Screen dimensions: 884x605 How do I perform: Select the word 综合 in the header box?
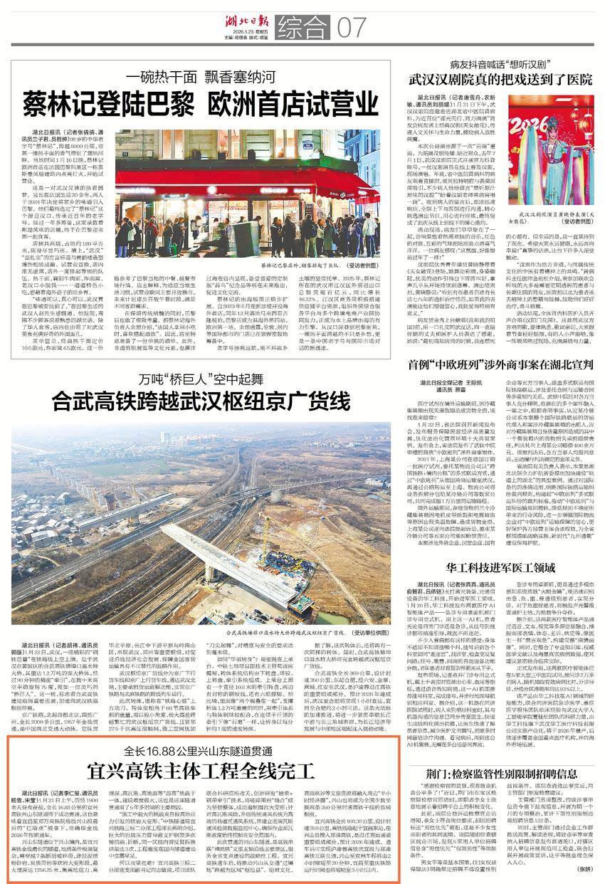300,28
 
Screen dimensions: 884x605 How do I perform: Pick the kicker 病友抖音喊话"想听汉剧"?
498,64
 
